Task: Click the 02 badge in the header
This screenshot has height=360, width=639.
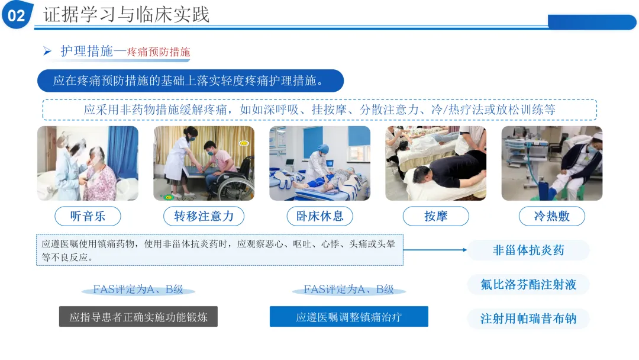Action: point(17,15)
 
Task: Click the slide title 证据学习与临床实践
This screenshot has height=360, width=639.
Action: point(127,15)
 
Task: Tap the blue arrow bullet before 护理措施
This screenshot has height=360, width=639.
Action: point(47,51)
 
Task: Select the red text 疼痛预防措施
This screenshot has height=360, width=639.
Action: point(159,52)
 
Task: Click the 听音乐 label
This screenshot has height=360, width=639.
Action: point(88,216)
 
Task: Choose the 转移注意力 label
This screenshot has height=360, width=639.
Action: point(204,216)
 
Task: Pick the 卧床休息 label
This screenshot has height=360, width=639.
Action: point(320,216)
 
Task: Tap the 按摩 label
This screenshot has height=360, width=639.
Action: point(435,216)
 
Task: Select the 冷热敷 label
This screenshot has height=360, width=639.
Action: point(552,216)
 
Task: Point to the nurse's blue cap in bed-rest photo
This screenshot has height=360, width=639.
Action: point(323,149)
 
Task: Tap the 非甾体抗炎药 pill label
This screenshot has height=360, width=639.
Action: point(528,250)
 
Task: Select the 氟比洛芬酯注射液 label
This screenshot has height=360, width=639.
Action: point(528,284)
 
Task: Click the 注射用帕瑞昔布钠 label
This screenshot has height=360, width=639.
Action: point(528,319)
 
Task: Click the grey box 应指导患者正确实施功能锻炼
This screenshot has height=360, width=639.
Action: point(138,316)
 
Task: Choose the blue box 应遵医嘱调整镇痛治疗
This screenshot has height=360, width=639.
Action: point(349,316)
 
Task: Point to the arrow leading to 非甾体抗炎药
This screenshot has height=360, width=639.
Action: point(435,250)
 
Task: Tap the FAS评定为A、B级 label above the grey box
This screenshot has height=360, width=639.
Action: point(138,290)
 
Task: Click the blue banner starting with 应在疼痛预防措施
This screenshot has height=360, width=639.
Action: point(191,81)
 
